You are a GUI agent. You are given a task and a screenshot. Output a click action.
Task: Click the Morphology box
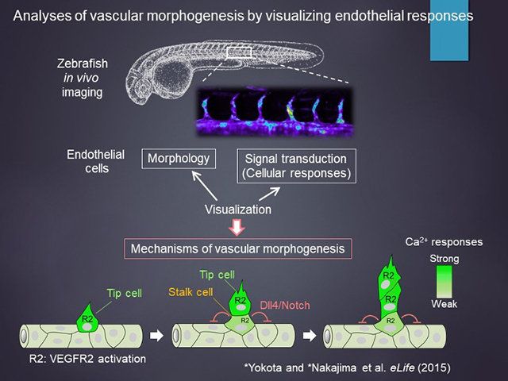point(179,158)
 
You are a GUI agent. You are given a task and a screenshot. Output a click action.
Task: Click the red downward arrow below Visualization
point(236,231)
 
